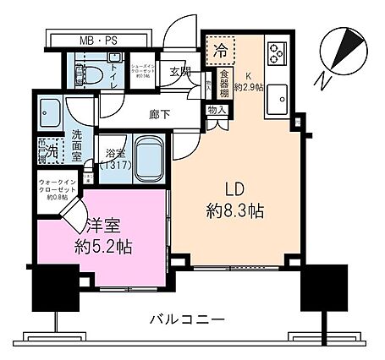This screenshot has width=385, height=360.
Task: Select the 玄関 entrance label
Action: pyautogui.click(x=179, y=73)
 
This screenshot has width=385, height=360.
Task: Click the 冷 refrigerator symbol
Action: pyautogui.click(x=220, y=50)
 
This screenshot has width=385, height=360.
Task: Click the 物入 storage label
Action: pyautogui.click(x=216, y=110)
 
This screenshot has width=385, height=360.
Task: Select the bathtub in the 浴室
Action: pyautogui.click(x=149, y=155)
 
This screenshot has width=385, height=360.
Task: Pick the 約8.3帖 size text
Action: pyautogui.click(x=234, y=211)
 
